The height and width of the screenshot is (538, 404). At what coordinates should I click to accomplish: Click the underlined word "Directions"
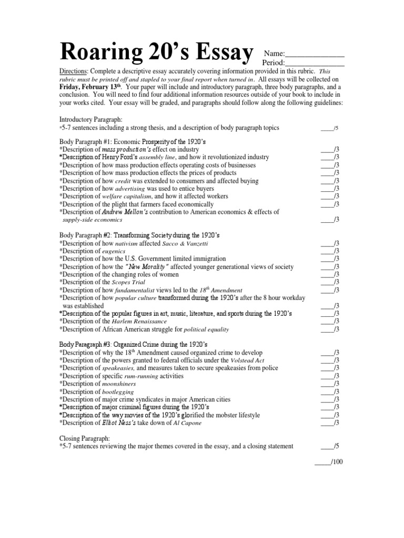point(72,71)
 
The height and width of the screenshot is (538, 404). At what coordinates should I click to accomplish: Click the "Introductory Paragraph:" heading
point(90,120)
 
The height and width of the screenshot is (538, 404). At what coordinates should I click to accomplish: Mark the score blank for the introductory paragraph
point(326,128)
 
